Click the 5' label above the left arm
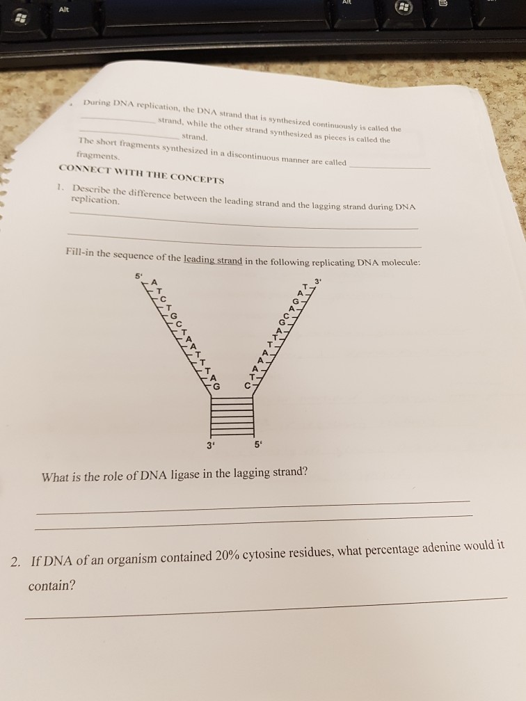pyautogui.click(x=138, y=276)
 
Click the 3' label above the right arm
pyautogui.click(x=318, y=281)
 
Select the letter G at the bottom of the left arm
pyautogui.click(x=216, y=387)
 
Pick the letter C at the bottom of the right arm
pyautogui.click(x=247, y=385)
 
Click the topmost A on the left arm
pyautogui.click(x=154, y=282)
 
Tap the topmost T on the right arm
pyautogui.click(x=305, y=286)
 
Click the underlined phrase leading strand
pyautogui.click(x=213, y=260)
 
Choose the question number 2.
pyautogui.click(x=15, y=561)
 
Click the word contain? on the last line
pyautogui.click(x=52, y=586)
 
